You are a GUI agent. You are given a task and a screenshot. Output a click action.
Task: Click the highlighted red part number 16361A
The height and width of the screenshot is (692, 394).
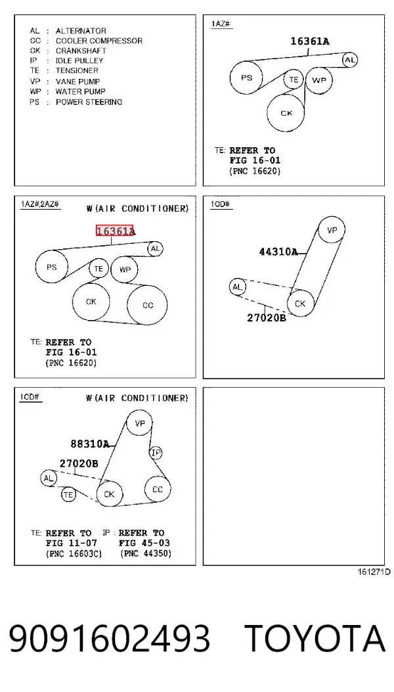[116, 231]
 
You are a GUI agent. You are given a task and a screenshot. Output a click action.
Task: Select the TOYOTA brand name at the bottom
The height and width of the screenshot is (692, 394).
[315, 638]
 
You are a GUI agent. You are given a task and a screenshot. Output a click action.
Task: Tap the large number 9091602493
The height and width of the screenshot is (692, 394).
[109, 638]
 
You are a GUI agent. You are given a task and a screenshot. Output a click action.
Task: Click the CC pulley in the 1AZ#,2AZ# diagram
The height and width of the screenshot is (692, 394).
[147, 305]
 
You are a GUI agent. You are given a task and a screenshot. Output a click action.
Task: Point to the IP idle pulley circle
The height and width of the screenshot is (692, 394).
[156, 452]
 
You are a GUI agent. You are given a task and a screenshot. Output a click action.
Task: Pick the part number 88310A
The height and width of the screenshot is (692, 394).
[89, 444]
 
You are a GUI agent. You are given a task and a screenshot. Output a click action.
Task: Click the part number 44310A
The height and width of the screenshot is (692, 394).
[278, 252]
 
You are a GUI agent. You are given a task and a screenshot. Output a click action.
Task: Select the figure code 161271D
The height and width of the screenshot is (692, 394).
[374, 572]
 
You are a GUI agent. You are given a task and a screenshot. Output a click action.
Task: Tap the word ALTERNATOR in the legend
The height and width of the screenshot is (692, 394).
[81, 31]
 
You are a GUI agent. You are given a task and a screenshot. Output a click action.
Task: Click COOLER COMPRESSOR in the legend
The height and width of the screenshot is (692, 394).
[99, 41]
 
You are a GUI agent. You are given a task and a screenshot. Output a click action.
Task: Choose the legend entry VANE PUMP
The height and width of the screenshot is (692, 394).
[77, 81]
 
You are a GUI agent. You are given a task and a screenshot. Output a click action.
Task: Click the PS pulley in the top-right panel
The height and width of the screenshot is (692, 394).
[246, 78]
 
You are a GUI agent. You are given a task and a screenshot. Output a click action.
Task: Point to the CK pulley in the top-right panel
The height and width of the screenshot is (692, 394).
[286, 113]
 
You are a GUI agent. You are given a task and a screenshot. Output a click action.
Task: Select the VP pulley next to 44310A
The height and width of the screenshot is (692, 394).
[332, 229]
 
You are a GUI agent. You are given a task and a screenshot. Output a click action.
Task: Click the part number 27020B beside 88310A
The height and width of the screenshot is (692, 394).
[79, 464]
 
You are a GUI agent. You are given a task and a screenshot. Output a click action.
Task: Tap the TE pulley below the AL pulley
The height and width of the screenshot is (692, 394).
[68, 495]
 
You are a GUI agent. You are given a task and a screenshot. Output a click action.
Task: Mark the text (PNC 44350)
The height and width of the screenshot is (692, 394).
[146, 553]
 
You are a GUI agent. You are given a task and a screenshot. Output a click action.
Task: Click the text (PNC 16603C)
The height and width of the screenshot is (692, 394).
[74, 553]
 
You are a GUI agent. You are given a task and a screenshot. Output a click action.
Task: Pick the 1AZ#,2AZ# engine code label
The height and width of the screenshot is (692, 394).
[39, 204]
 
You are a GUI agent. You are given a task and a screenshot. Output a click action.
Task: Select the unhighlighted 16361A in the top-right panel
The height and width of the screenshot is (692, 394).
[310, 41]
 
